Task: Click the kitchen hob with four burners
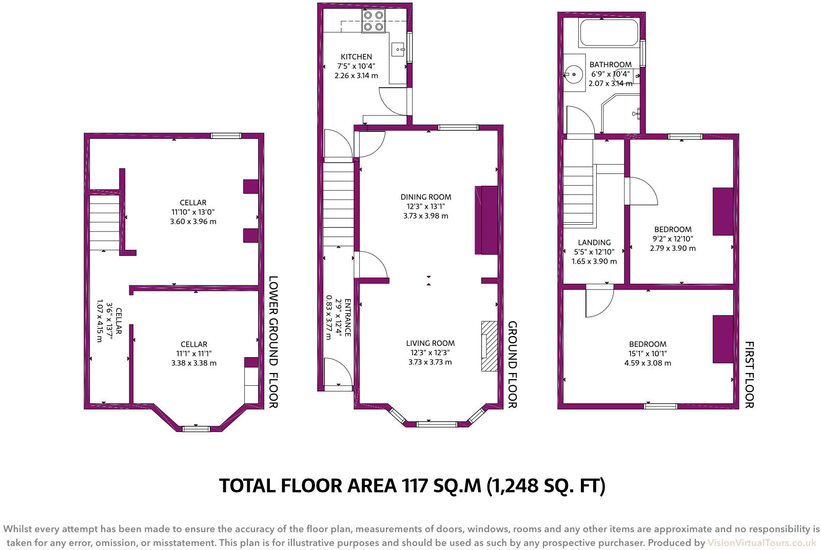point(373,21)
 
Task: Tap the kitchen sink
point(399,50)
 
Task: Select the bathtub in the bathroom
point(609,33)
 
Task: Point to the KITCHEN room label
point(356,57)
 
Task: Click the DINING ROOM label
point(426,197)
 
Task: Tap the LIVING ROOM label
point(430,343)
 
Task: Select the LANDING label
point(594,243)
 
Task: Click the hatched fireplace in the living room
point(489,346)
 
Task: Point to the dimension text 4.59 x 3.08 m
point(648,363)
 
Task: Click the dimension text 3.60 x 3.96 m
point(193,222)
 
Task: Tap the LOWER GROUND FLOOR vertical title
point(273,342)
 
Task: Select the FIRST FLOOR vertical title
point(749,375)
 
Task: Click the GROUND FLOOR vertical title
point(512,364)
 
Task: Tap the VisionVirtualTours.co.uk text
point(761,543)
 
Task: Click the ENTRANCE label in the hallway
point(347,317)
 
